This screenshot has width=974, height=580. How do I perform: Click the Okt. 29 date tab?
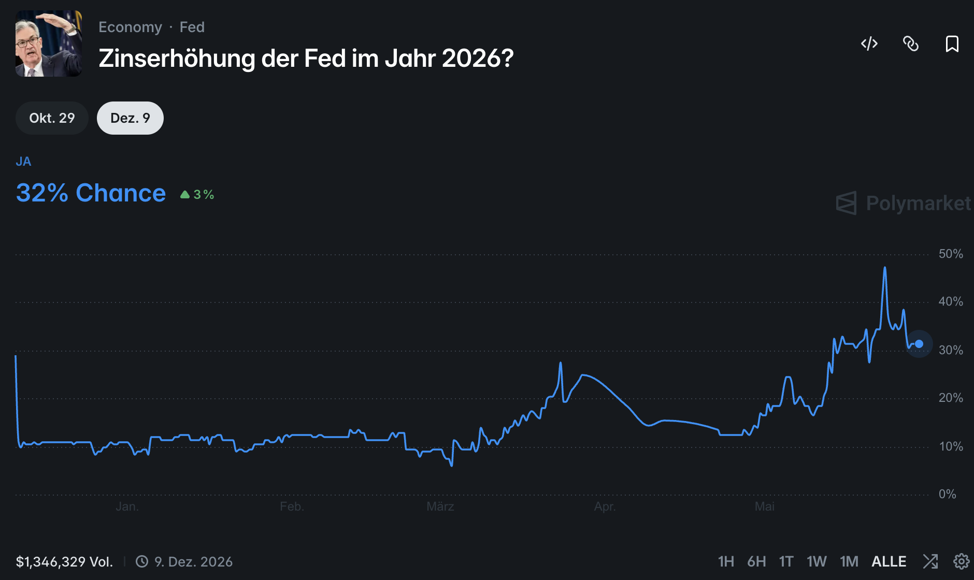[52, 118]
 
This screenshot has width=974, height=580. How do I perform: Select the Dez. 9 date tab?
[130, 118]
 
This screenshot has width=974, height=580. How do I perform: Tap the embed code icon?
[869, 44]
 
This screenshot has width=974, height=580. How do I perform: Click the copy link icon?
[911, 44]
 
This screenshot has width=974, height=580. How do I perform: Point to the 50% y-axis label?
[951, 254]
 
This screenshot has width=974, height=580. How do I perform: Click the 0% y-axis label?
[948, 494]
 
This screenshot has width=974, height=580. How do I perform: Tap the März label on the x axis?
[440, 506]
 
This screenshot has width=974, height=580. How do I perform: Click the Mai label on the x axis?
[765, 506]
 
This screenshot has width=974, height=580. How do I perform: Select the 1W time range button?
[817, 561]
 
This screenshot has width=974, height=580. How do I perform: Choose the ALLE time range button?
[889, 561]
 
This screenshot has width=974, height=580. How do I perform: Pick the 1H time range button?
[726, 561]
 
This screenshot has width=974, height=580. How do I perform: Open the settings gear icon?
[962, 561]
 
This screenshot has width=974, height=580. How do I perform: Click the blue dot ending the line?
[919, 344]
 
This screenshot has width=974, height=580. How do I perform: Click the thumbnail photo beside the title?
[49, 44]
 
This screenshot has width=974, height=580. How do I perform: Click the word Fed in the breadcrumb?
[192, 27]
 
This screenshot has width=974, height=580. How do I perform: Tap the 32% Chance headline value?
[91, 193]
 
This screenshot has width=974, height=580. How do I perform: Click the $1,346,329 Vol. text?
[64, 562]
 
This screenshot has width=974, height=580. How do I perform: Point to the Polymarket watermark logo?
[904, 203]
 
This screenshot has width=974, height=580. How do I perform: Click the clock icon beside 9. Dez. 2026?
[142, 561]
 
